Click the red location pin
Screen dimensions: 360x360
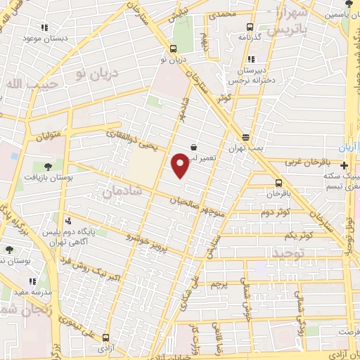[x=180, y=164]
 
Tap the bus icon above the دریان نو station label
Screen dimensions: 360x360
[x=173, y=49]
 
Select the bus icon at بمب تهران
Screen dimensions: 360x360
[x=245, y=138]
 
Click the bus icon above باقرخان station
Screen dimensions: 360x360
[x=279, y=183]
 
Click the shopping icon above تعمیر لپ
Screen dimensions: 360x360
[x=193, y=148]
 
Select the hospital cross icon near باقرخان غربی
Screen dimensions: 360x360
[x=343, y=166]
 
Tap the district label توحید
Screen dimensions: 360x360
[x=290, y=251]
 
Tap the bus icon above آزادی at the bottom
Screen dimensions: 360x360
[x=105, y=337]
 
